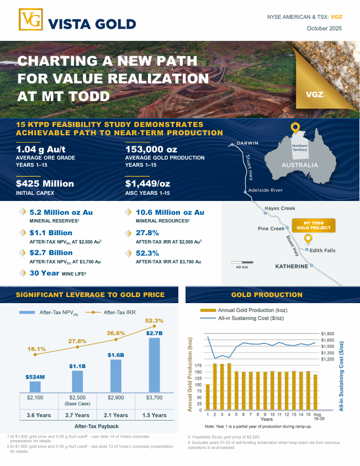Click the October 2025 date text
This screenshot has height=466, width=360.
(x=325, y=28)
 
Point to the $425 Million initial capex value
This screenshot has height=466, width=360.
(x=45, y=183)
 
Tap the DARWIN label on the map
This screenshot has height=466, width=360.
(x=247, y=144)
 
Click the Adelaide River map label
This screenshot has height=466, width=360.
(x=266, y=190)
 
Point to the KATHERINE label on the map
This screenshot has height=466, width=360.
(x=292, y=266)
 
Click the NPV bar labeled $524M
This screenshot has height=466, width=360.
(x=35, y=386)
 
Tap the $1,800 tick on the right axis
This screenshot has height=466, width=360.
(x=328, y=334)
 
